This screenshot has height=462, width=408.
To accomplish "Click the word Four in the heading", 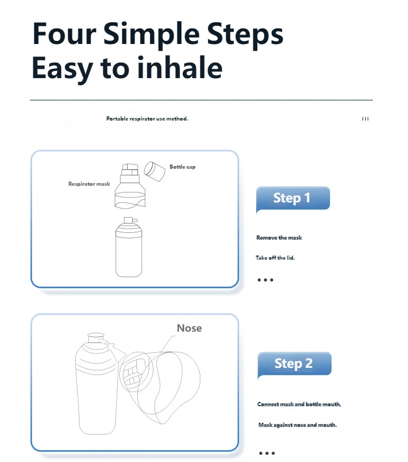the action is [x=64, y=34].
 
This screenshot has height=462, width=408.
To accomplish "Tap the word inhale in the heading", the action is [x=180, y=68].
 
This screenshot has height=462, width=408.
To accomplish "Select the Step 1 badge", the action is [x=293, y=198].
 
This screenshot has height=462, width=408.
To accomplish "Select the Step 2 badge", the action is [x=294, y=364].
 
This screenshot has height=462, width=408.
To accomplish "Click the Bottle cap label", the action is [x=182, y=167].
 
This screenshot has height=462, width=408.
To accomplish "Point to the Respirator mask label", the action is [x=89, y=184].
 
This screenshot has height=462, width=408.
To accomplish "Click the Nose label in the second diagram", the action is [x=190, y=328].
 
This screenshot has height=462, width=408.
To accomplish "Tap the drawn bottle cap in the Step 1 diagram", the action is [x=154, y=171].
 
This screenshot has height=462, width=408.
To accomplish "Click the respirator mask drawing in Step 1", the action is [x=130, y=186].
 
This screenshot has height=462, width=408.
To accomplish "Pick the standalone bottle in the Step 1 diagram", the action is [x=129, y=247].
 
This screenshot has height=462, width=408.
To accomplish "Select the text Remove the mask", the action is [x=279, y=238].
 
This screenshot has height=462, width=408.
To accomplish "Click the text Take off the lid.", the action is [x=275, y=258].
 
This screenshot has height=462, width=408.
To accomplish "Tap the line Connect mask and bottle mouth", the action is [x=299, y=404].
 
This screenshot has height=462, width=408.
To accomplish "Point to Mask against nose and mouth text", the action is [x=297, y=425].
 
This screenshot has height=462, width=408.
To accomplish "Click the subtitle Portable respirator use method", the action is [x=147, y=119].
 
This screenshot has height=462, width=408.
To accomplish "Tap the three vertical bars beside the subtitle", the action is [x=365, y=119].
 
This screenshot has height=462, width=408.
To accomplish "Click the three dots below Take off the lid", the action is [x=265, y=280].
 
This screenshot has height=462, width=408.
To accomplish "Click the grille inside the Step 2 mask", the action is [x=134, y=372].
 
